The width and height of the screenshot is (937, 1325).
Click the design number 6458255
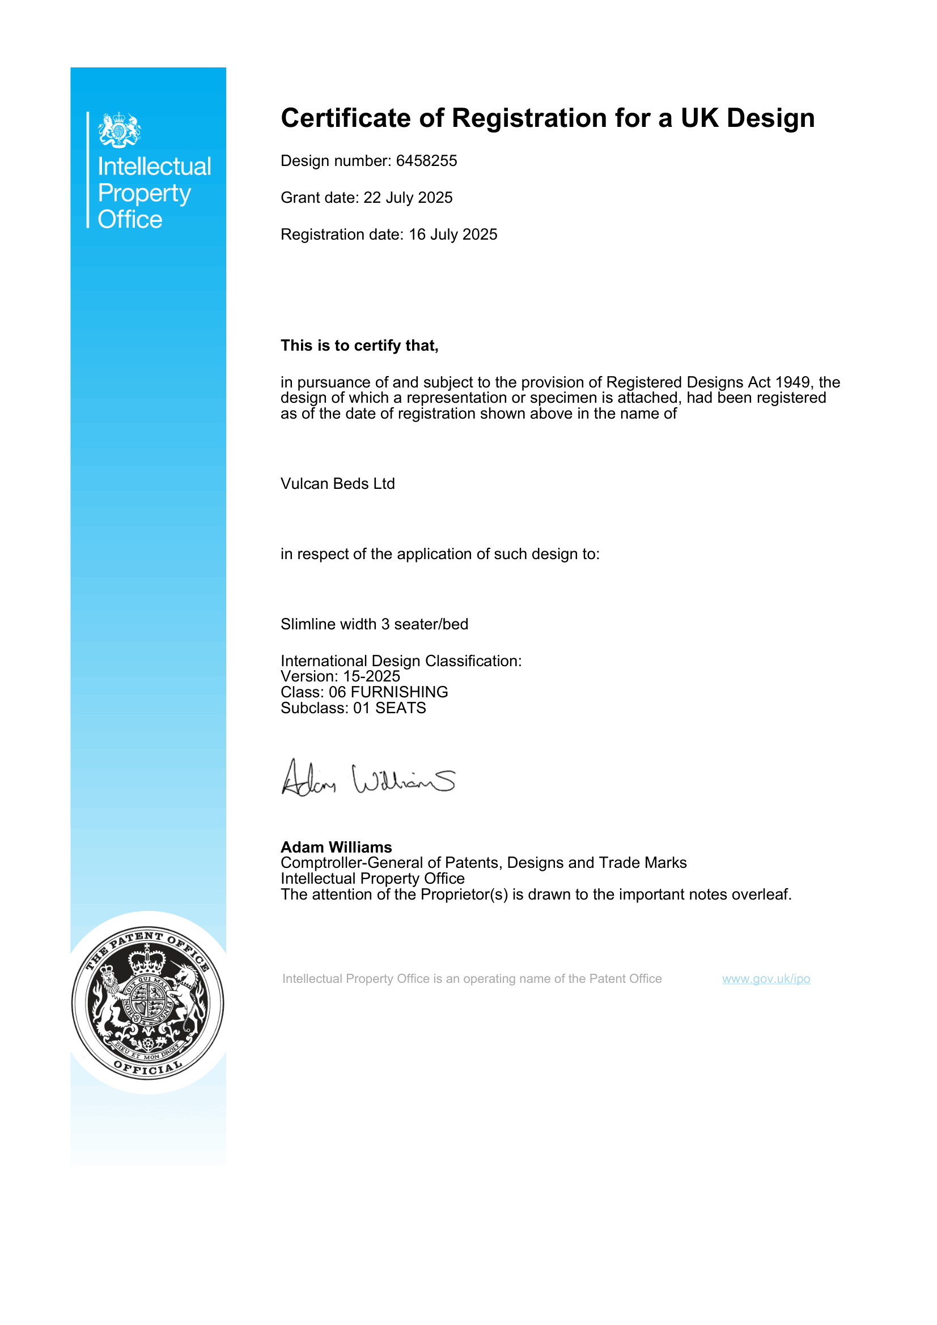[426, 161]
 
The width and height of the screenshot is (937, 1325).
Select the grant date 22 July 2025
[408, 198]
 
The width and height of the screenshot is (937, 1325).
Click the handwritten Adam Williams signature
[368, 779]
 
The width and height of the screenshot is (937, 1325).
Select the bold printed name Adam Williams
[336, 847]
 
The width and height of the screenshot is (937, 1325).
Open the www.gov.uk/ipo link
[766, 979]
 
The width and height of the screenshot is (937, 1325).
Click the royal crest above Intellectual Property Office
[120, 130]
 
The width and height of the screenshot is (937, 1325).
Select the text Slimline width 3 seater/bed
[374, 624]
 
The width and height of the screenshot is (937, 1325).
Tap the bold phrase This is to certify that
[359, 346]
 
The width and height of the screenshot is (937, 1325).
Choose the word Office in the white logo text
[130, 220]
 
